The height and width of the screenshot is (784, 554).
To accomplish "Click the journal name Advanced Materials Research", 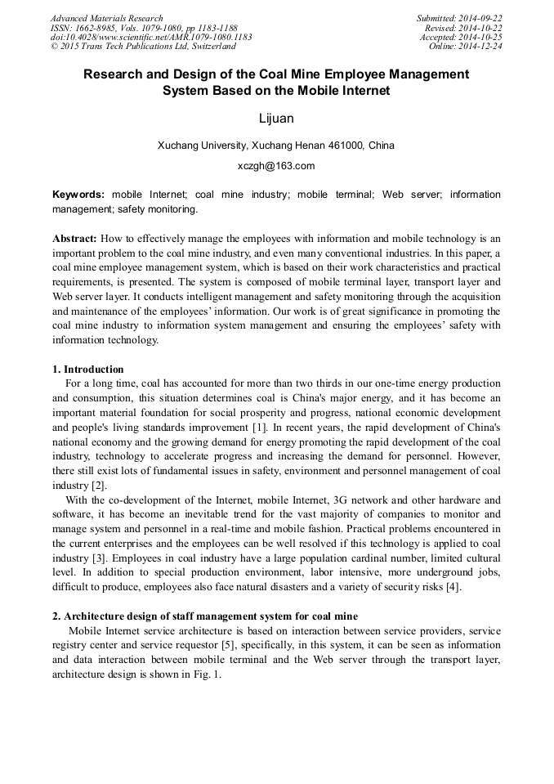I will [106, 18].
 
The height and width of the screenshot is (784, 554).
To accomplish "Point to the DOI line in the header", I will [151, 37].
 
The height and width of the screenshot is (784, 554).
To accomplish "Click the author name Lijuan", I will [276, 119].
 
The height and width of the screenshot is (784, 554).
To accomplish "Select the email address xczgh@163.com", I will [276, 166].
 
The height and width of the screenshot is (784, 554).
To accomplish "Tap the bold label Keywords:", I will [78, 195].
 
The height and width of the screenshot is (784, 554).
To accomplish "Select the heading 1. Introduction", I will [88, 369].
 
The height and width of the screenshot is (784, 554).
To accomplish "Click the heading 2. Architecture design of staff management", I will [204, 616].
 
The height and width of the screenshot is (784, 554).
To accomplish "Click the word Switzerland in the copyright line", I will [210, 47].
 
